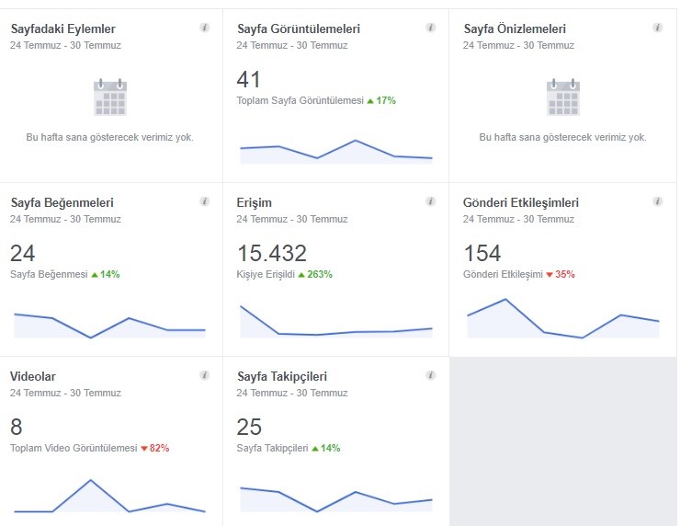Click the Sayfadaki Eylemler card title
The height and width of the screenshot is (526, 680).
63,29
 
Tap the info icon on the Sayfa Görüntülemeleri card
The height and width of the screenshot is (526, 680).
431,28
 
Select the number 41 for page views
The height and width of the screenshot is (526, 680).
248,79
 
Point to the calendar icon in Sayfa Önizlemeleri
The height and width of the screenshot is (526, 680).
563,97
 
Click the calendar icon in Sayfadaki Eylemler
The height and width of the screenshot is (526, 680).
110,97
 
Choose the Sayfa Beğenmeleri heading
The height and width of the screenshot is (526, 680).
62,202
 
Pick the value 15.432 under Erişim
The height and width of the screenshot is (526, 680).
272,253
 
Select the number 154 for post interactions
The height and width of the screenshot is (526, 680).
482,253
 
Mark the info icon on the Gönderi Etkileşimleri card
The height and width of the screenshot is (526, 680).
657,201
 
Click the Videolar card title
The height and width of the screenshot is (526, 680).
33,376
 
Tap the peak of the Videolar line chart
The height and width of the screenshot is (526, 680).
90,480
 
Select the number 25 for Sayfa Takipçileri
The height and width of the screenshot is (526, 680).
249,427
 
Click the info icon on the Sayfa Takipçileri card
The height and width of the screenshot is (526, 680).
431,375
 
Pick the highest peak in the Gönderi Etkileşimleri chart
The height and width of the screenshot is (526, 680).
505,299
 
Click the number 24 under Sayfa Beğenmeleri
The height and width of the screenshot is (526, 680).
23,253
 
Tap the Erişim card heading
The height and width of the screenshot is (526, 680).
255,202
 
